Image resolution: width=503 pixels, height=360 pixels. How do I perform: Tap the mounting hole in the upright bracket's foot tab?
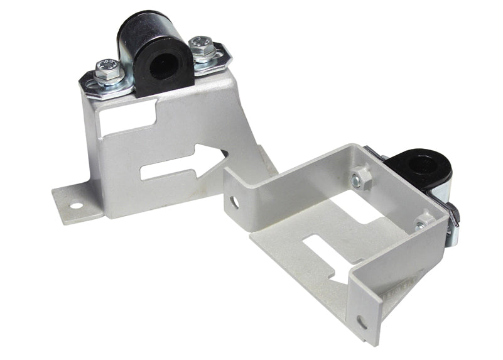tap(75, 205)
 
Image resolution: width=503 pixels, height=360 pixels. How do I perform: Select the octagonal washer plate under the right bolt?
tap(210, 58)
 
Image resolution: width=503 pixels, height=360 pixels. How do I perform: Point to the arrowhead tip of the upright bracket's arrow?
tap(224, 157)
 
